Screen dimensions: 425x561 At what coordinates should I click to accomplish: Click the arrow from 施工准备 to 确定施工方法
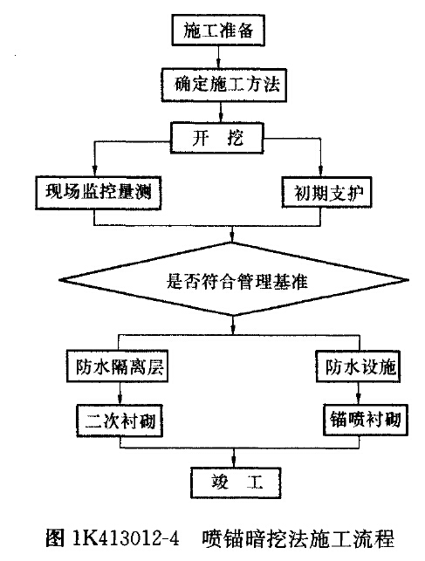(218, 57)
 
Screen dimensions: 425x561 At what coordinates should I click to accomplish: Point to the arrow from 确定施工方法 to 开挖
(221, 112)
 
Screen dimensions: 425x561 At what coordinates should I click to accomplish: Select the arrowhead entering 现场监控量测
(94, 171)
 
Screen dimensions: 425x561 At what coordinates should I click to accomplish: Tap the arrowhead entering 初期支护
(320, 171)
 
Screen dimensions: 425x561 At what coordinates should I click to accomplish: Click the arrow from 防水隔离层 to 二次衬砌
(120, 393)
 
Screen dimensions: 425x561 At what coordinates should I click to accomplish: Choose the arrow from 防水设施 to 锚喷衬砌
(359, 393)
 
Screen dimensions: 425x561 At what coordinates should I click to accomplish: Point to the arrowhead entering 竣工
(234, 462)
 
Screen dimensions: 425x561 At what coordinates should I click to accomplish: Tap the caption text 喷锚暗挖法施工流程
(298, 538)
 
